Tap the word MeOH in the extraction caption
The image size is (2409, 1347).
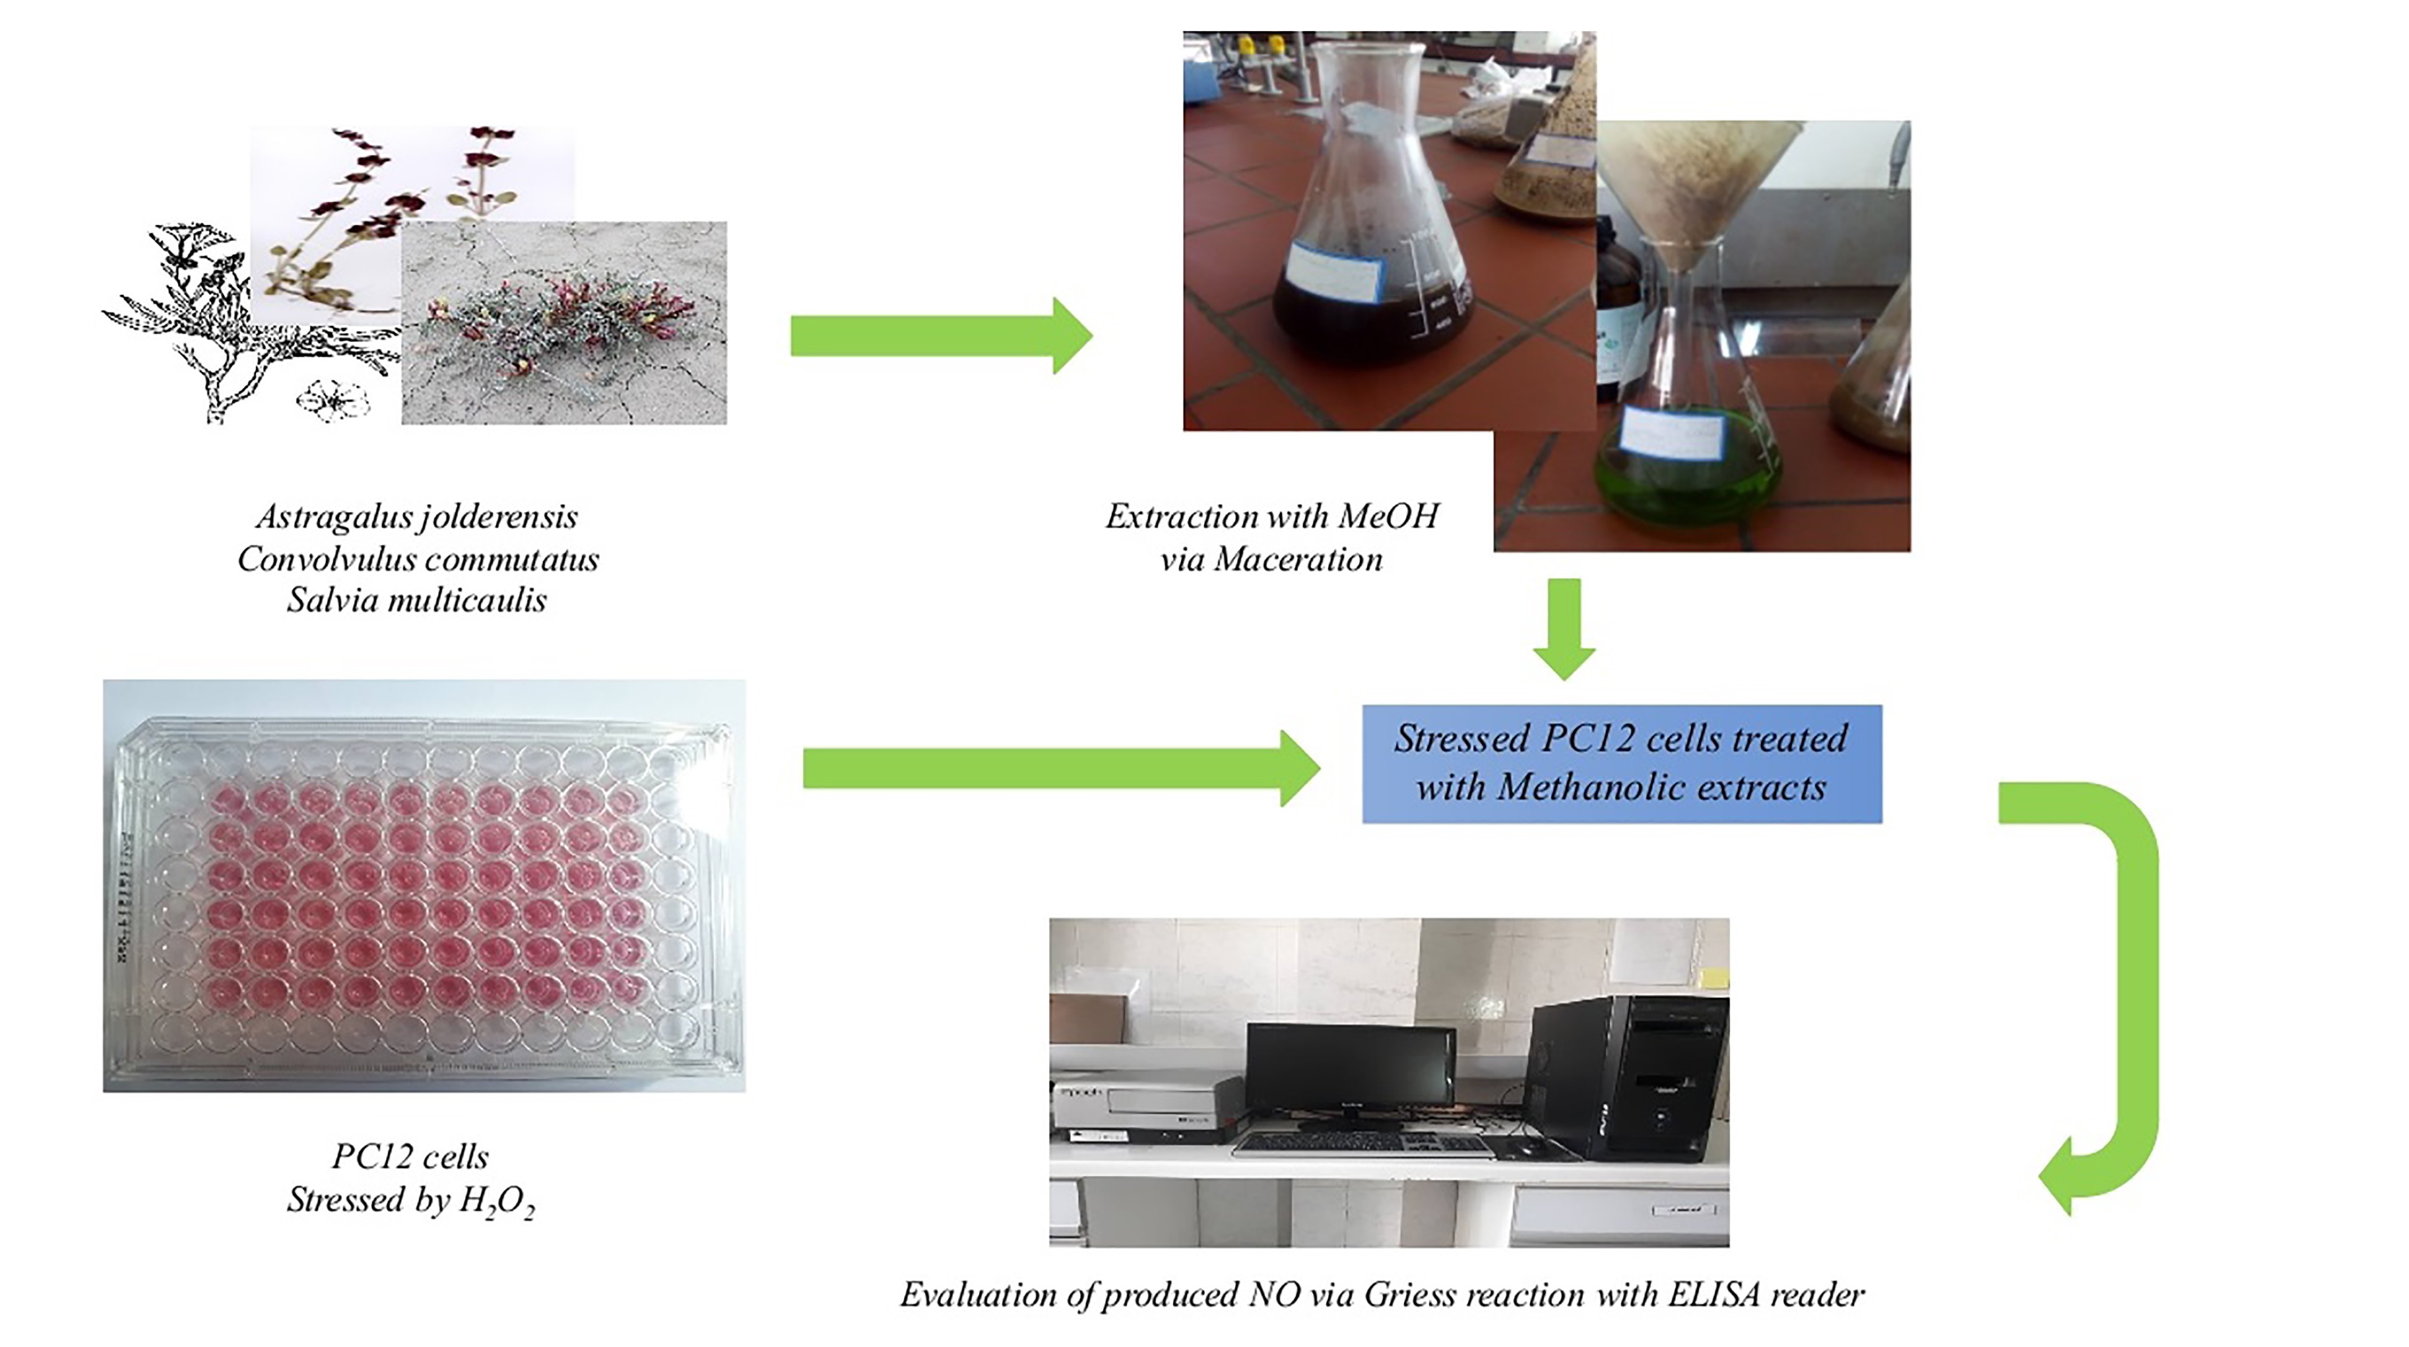click(1388, 516)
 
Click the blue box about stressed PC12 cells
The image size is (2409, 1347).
click(1621, 763)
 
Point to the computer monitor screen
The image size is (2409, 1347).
click(1349, 1066)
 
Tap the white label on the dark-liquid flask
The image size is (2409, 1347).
click(1335, 271)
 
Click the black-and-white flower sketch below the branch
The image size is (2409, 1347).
click(332, 401)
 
